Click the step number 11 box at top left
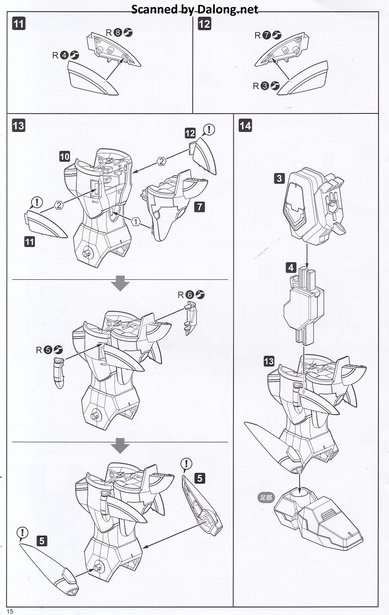pos(18,23)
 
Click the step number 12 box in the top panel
pos(204,24)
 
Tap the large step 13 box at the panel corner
pos(18,125)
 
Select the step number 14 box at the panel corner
pos(245,125)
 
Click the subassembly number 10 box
pos(65,157)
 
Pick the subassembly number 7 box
pos(200,206)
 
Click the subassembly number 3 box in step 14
pos(279,179)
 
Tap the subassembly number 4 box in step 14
pos(291,267)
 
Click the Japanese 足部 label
pos(266,498)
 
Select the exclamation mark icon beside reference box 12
pos(209,129)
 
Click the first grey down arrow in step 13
pos(120,284)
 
